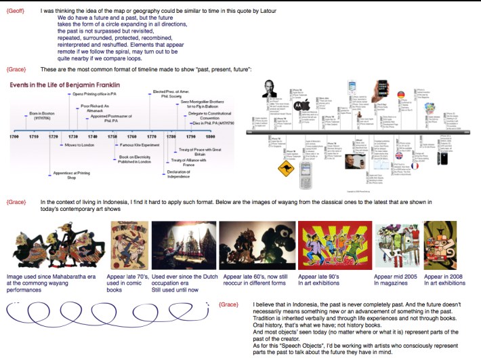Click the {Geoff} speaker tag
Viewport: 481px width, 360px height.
click(x=16, y=12)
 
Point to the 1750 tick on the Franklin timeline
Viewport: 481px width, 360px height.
click(x=113, y=136)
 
